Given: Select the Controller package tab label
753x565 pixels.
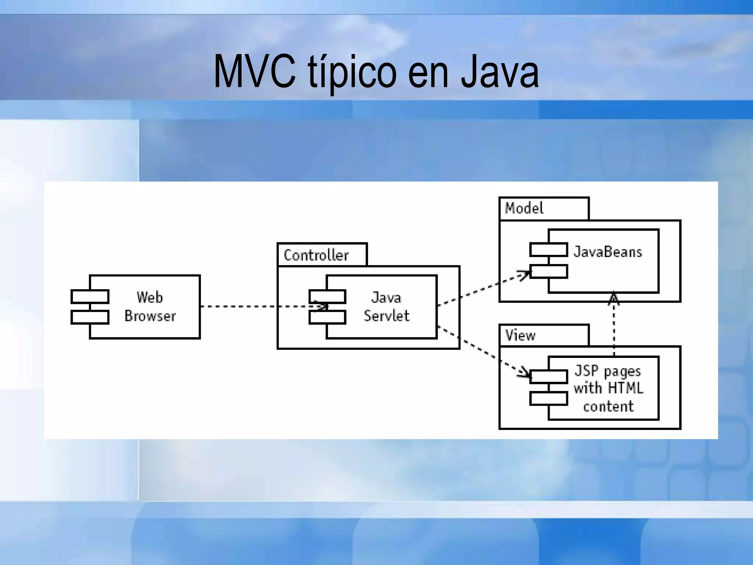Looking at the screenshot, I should point(316,255).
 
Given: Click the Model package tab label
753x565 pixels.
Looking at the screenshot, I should point(524,208).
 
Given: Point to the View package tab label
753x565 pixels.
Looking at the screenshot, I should point(520,335).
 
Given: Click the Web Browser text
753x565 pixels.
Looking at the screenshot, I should point(150,306).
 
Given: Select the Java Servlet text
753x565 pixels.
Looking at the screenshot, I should point(386,306).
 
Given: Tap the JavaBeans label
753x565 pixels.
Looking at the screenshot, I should point(607,252).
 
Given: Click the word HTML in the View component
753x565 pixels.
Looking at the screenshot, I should point(625,388).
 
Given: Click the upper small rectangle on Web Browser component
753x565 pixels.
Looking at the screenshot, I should point(90,296).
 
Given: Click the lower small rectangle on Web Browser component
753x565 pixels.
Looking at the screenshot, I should point(90,317).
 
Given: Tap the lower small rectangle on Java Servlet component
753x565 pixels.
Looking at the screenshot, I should point(327,317).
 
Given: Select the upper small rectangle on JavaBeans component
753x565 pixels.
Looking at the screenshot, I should point(548,250).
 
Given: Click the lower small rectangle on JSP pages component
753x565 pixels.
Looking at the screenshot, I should point(548,398).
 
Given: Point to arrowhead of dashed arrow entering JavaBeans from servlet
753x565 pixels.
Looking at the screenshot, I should point(527,274).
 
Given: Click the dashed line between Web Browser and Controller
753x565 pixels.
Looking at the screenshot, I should point(239,306).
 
